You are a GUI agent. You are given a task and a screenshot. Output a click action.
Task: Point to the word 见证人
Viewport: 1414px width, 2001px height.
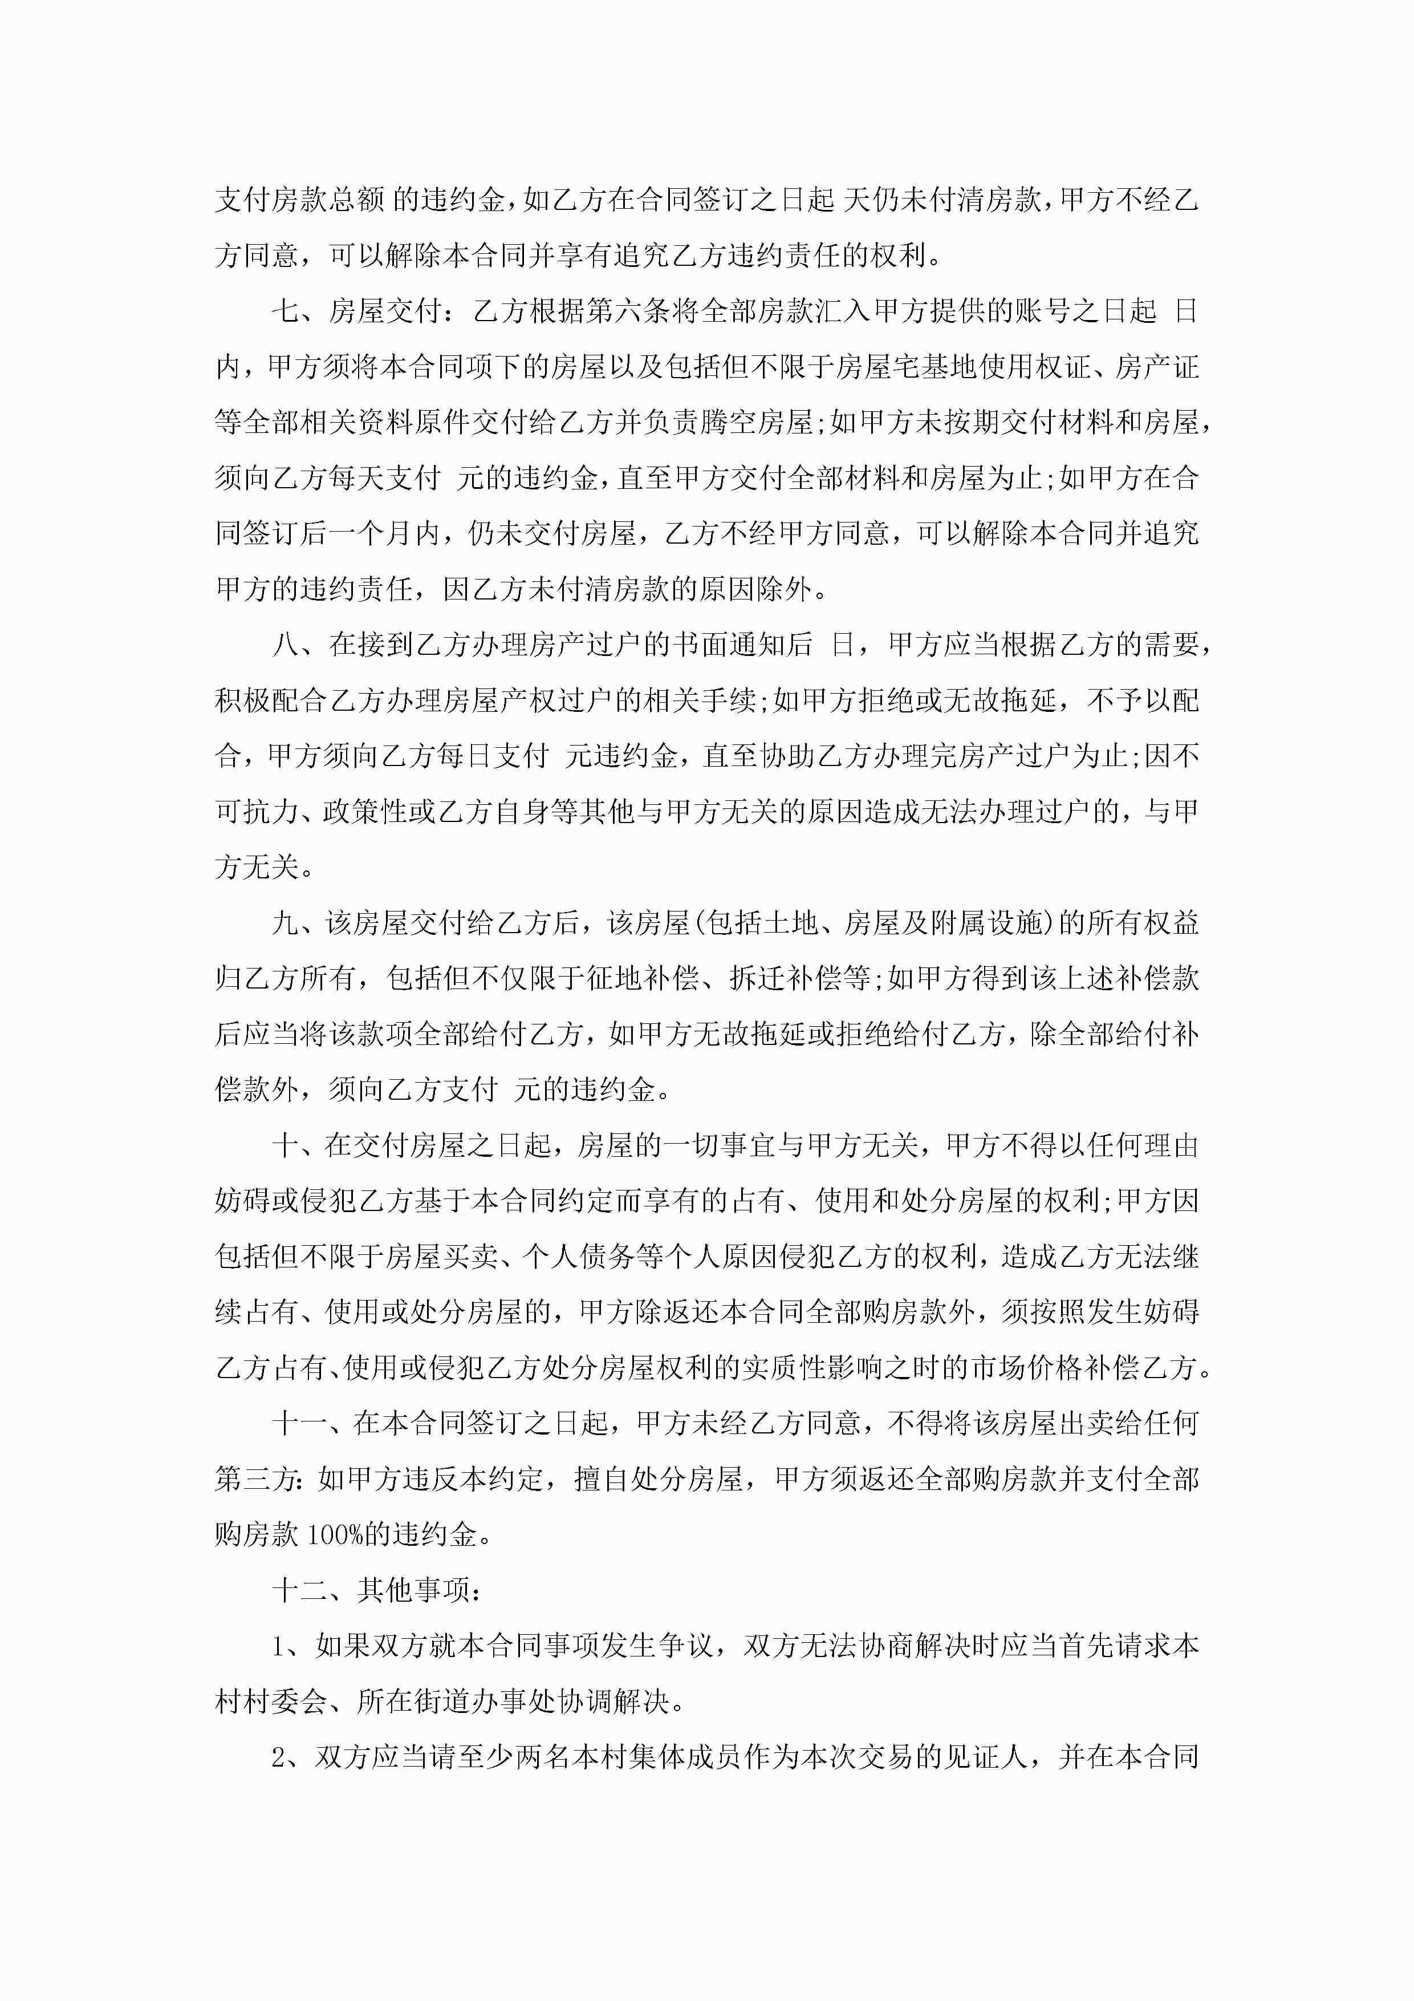tap(986, 1757)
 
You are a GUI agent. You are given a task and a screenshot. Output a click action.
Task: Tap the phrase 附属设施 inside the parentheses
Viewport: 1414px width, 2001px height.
tap(987, 923)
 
